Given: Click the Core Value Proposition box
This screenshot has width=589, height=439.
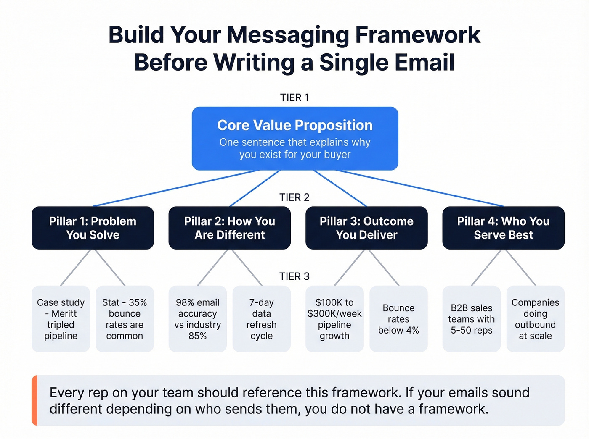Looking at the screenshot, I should (x=294, y=138).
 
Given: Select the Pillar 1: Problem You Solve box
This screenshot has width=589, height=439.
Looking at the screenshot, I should (x=93, y=228).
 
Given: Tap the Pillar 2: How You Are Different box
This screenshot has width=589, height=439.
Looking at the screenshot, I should (x=229, y=228).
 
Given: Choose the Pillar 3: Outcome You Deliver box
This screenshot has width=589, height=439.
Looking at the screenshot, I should (x=366, y=228).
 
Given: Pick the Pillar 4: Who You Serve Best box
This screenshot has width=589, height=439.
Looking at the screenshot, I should (x=503, y=228).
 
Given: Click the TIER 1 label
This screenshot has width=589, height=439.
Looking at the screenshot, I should (x=294, y=97).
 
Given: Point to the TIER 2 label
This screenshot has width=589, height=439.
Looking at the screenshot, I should (x=294, y=197).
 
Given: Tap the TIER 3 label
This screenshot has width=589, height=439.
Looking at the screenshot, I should (x=294, y=276).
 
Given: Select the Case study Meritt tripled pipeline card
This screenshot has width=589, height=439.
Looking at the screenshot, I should (x=61, y=319).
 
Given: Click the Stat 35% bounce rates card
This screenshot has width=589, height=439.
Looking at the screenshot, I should (x=125, y=319).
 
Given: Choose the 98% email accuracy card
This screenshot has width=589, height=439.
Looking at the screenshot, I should (x=197, y=319).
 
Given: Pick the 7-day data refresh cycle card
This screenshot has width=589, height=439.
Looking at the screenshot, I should (x=261, y=319).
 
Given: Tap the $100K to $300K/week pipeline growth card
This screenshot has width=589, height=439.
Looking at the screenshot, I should (x=334, y=319).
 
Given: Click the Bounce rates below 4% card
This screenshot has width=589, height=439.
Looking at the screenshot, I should (x=398, y=319).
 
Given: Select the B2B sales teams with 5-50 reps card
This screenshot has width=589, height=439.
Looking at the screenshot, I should (x=471, y=319).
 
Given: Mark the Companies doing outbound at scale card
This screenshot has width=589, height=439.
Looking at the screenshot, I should (x=535, y=319).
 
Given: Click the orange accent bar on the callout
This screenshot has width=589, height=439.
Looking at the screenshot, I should (x=34, y=400).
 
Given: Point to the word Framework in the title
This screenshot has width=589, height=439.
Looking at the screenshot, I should (x=417, y=35).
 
